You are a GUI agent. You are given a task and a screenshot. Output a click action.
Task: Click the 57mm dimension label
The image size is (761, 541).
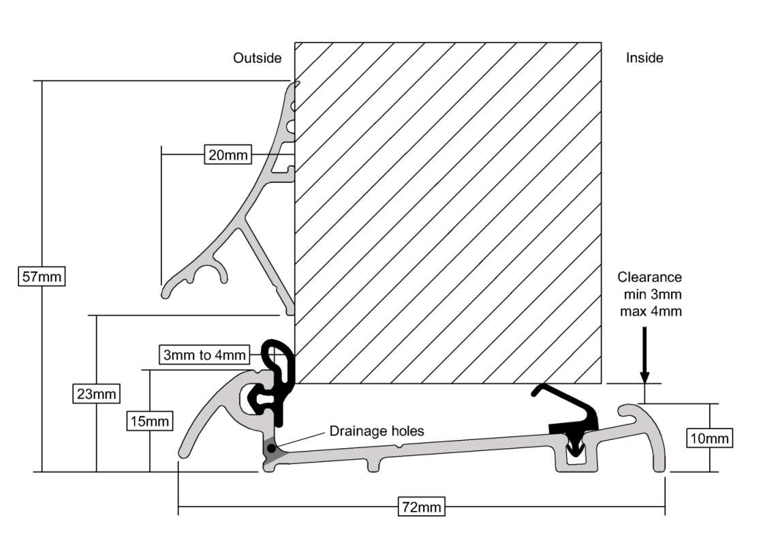point(42,276)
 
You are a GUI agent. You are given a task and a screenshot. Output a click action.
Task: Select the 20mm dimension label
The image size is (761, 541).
point(228,155)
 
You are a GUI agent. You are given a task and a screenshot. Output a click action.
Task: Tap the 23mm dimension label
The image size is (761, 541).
point(97,393)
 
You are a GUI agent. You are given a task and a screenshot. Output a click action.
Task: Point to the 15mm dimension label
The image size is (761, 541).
point(149,421)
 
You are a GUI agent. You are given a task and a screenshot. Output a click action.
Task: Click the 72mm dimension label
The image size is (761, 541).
point(421,507)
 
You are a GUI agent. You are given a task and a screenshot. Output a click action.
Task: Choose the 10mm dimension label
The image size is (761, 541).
point(709,439)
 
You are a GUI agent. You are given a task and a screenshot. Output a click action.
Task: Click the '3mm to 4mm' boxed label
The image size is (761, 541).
point(204,355)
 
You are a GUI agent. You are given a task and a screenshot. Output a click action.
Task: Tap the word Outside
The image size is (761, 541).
point(258,58)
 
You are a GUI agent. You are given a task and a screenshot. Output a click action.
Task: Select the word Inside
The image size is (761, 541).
point(644,58)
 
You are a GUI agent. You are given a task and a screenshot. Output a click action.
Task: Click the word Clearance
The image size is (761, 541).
point(649,277)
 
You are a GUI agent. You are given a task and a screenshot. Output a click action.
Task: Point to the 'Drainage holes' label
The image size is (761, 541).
point(377,430)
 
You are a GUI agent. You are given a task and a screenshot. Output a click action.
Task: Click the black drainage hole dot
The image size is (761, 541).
point(271,448)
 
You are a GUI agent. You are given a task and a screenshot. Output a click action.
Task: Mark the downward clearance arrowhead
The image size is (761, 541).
point(644,378)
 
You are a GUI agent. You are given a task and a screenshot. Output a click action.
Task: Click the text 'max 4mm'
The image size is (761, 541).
point(651,310)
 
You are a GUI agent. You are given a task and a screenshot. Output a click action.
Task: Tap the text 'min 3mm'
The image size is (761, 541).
point(653,294)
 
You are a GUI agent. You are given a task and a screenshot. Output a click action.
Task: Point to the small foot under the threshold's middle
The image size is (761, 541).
point(373,464)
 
